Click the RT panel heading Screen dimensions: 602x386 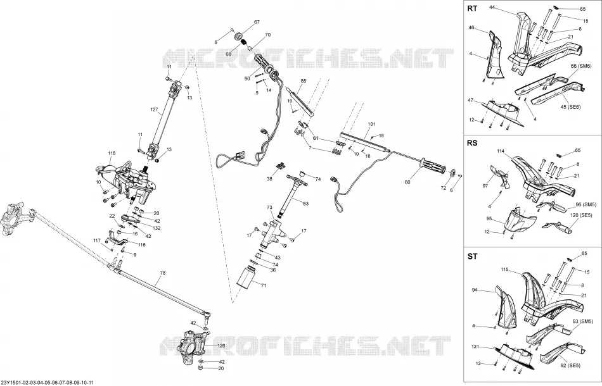point(472,8)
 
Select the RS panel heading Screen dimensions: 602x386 point(472,143)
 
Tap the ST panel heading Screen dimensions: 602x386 point(472,256)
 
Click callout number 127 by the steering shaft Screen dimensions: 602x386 point(154,109)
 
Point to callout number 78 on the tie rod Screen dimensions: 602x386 point(162,273)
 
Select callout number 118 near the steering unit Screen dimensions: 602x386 point(112,153)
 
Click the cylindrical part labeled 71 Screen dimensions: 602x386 point(247,277)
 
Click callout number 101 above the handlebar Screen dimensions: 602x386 point(371,124)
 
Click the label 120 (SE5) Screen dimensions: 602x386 point(580,215)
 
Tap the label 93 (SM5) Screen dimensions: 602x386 point(584,331)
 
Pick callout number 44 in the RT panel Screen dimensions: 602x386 point(492,7)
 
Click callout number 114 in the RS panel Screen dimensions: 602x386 point(501,151)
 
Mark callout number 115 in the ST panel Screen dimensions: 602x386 point(504,270)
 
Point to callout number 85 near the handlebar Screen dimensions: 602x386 point(304,81)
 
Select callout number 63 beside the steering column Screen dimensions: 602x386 point(305,204)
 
